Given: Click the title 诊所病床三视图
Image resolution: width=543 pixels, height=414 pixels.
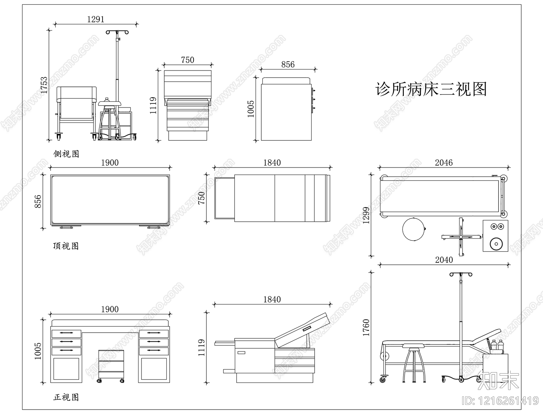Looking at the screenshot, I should point(431,90).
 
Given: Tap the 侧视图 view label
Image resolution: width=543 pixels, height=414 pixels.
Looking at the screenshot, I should point(66,154).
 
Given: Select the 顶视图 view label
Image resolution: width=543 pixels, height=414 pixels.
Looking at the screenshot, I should point(66,246).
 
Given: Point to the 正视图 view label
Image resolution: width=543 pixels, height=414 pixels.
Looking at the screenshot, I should point(66,397).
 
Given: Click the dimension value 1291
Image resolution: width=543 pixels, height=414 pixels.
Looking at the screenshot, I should point(96,19).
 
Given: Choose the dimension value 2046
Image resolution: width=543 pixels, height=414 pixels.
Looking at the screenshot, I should point(444,163).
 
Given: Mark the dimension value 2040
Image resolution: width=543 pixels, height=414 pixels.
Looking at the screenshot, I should point(444,260).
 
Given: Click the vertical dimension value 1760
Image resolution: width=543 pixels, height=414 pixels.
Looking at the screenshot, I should point(366,327).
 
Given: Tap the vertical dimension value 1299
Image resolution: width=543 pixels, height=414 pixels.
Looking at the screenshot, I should point(366,216).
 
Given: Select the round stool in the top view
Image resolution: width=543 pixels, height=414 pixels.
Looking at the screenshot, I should point(413,230).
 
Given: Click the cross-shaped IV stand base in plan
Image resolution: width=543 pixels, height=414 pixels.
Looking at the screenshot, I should point(461,237).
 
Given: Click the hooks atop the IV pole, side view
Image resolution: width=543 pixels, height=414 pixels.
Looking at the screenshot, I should point(117,32).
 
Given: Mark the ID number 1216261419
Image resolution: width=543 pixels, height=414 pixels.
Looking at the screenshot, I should point(501,401).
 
